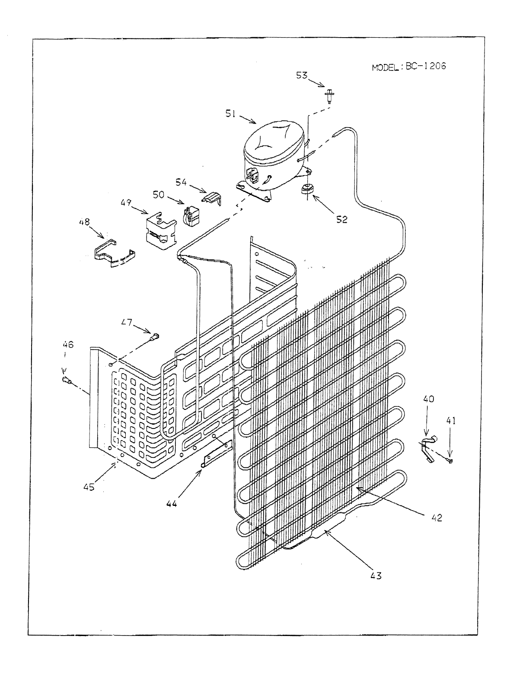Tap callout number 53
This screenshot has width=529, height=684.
point(302,75)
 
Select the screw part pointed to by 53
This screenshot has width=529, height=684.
point(331,95)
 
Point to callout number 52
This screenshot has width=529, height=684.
point(341,219)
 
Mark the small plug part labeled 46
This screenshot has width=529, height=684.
point(66,380)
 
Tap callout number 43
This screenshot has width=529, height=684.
point(376,575)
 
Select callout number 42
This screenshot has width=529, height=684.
point(437,518)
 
